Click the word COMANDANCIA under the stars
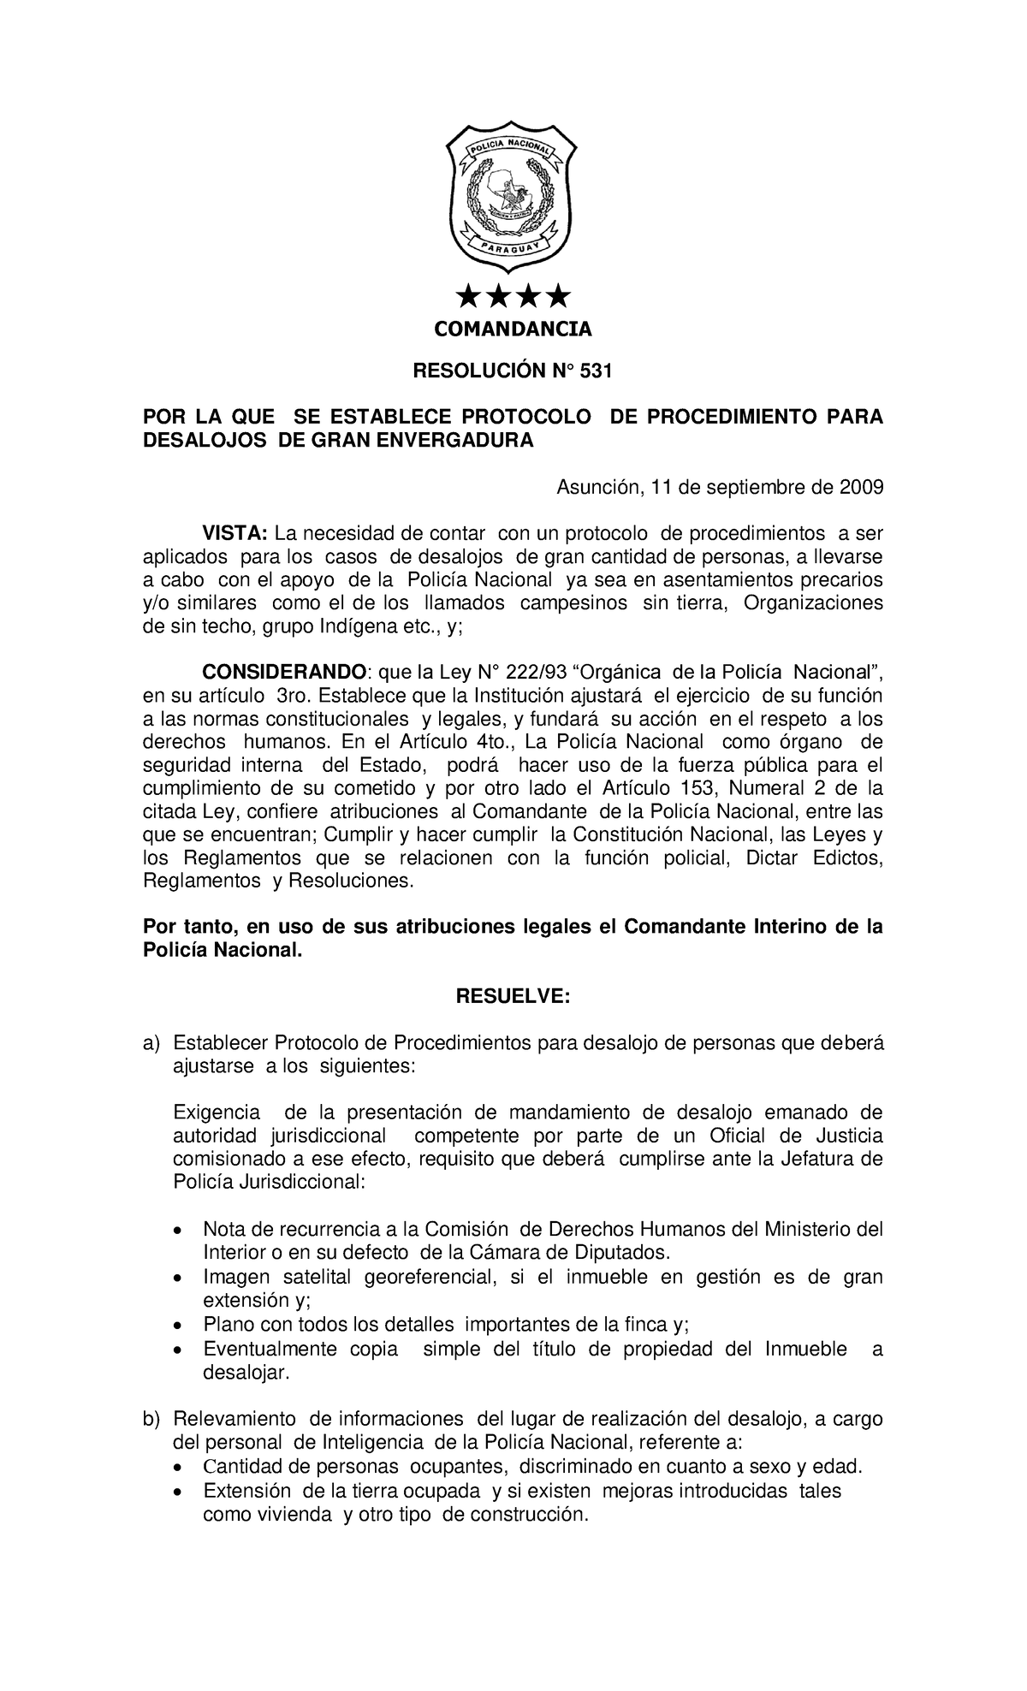point(513,329)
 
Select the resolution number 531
point(597,371)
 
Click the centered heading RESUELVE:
point(513,997)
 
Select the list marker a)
point(151,1043)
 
